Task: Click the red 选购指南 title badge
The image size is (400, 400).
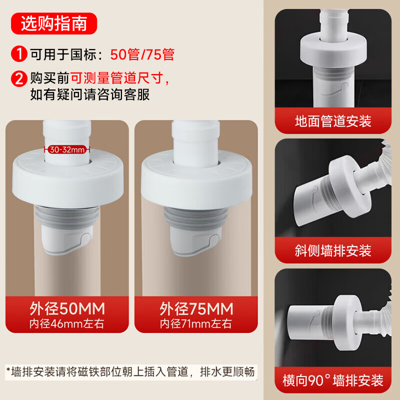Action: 54,23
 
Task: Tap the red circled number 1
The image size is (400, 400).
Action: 19,54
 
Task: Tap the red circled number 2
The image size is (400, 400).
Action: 19,78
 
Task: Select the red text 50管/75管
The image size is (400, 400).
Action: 142,54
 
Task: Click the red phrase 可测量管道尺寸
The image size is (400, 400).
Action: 116,78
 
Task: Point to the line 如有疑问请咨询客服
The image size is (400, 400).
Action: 90,94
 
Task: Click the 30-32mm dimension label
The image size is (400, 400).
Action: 67,149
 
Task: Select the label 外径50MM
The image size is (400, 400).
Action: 67,308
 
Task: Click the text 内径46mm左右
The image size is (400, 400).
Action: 67,323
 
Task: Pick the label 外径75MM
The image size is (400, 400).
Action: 196,308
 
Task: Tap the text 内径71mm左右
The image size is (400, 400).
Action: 196,324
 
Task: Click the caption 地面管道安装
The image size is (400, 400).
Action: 333,121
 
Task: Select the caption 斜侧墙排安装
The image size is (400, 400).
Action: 333,250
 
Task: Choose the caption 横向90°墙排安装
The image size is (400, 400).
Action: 333,380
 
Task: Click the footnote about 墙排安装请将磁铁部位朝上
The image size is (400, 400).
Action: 130,371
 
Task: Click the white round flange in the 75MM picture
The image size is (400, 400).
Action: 196,179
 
